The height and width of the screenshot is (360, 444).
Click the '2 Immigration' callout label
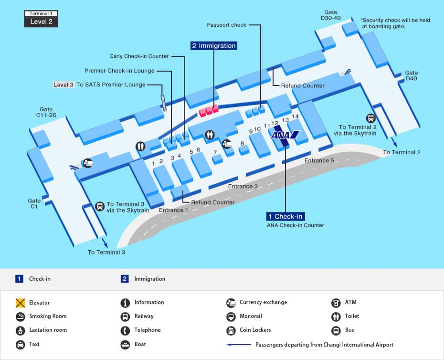(213, 46)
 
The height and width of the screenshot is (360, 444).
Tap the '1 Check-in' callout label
(285, 216)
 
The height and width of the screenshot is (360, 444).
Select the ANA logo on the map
(285, 135)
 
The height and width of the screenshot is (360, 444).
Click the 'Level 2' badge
(41, 21)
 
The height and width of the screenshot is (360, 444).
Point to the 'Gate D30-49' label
(330, 15)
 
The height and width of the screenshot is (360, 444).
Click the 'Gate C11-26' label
(46, 112)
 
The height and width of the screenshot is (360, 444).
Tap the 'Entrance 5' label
(319, 160)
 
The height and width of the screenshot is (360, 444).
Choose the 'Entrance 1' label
(174, 210)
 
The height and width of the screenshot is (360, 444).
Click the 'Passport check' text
(226, 25)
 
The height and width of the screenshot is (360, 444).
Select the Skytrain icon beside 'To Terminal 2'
(370, 118)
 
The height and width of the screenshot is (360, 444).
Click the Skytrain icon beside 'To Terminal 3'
(100, 206)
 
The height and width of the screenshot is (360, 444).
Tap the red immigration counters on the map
(209, 110)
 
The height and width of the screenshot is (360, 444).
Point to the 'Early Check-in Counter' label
(139, 56)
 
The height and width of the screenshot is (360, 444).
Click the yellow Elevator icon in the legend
(20, 303)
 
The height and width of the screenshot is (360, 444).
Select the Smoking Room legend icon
(20, 316)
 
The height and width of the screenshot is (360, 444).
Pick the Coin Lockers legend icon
(231, 330)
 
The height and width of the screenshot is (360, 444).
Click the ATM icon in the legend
(336, 302)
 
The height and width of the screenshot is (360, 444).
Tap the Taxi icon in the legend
(20, 344)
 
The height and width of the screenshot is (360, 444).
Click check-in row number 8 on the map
(242, 143)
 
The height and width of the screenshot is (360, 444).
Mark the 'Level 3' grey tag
(63, 85)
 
